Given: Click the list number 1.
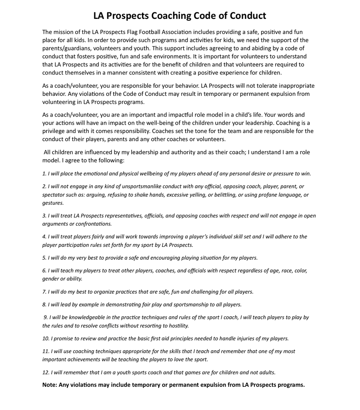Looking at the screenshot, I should pos(44,174).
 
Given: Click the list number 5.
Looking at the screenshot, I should pos(44,258).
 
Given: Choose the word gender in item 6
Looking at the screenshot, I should pos(51,279).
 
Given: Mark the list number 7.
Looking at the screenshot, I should pos(44,292).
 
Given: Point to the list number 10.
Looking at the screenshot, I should pos(45,339).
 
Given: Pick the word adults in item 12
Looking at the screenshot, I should pos(267,372).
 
